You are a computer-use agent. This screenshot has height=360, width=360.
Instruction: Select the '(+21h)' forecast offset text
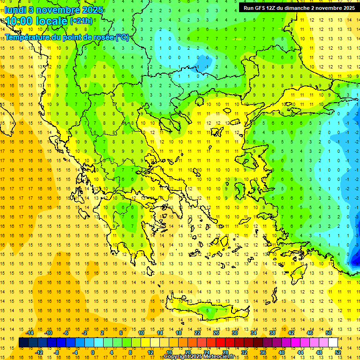pyautogui.click(x=81, y=21)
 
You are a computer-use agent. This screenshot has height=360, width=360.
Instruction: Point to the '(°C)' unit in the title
pyautogui.click(x=122, y=37)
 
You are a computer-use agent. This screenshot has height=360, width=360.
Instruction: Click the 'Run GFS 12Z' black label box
pyautogui.click(x=299, y=7)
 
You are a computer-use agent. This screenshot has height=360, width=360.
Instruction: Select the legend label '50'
pyautogui.click(x=329, y=333)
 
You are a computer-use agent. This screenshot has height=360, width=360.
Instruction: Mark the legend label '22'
pyautogui.click(x=197, y=333)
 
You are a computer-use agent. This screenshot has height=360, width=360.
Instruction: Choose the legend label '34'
pyautogui.click(x=254, y=333)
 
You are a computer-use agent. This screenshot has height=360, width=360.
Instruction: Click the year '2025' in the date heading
pyautogui.click(x=92, y=10)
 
